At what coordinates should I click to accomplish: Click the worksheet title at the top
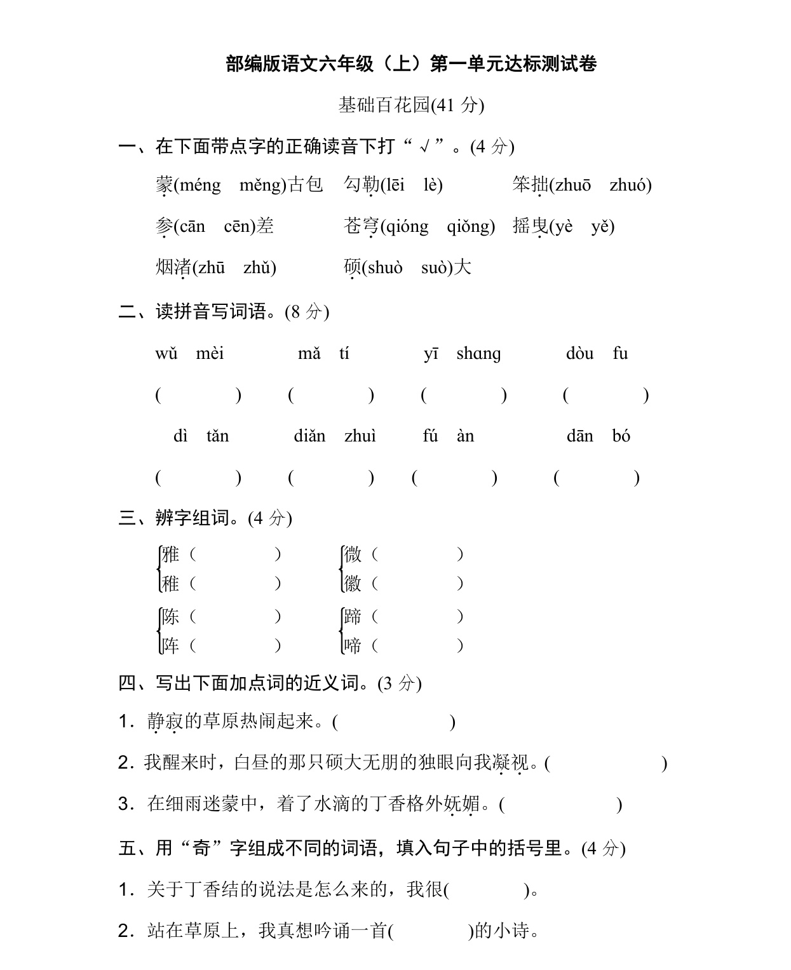click(x=411, y=64)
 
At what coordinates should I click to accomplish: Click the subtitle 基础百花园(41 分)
click(x=411, y=105)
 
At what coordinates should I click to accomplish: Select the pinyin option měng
click(x=262, y=185)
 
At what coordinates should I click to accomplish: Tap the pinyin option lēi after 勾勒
click(x=393, y=185)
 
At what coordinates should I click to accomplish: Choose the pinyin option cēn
click(x=239, y=227)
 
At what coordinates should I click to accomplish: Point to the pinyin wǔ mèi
click(x=189, y=354)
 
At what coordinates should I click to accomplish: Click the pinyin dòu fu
click(x=597, y=354)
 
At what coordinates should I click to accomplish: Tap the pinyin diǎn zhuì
click(x=335, y=436)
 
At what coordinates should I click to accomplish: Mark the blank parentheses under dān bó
click(x=597, y=478)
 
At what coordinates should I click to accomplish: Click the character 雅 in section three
click(x=170, y=555)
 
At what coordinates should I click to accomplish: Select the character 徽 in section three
click(x=353, y=583)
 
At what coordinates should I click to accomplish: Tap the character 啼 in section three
click(x=353, y=646)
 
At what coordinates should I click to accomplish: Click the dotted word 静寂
click(x=165, y=722)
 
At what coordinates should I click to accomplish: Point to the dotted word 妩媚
click(x=462, y=804)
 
